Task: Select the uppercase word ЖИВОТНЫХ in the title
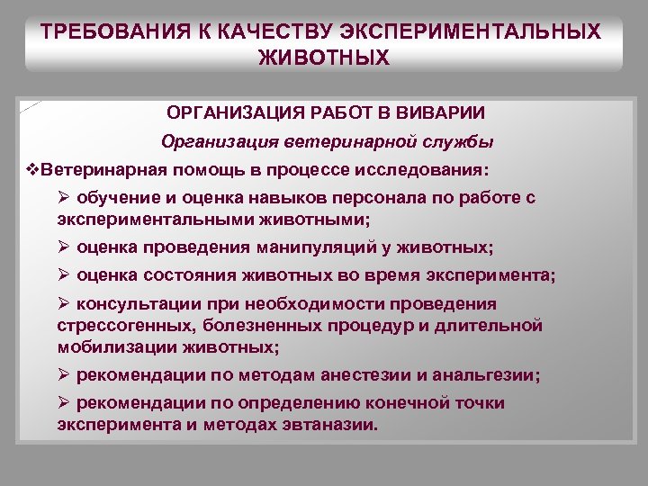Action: pos(324,58)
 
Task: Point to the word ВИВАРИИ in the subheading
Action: pos(442,113)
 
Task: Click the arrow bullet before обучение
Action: pos(63,197)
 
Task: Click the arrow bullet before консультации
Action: pos(63,304)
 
